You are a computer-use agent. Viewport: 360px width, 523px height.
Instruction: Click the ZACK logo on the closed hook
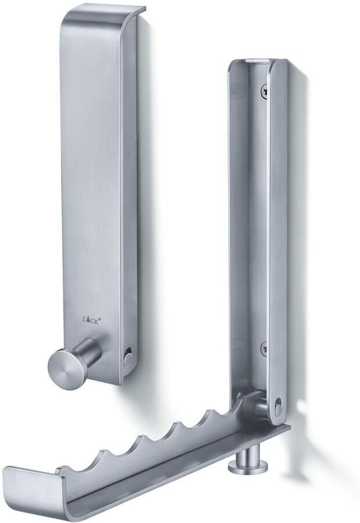91,319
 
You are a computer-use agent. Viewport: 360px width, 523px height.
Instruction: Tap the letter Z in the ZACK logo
84,320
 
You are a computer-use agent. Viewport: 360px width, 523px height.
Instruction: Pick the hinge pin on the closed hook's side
127,357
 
